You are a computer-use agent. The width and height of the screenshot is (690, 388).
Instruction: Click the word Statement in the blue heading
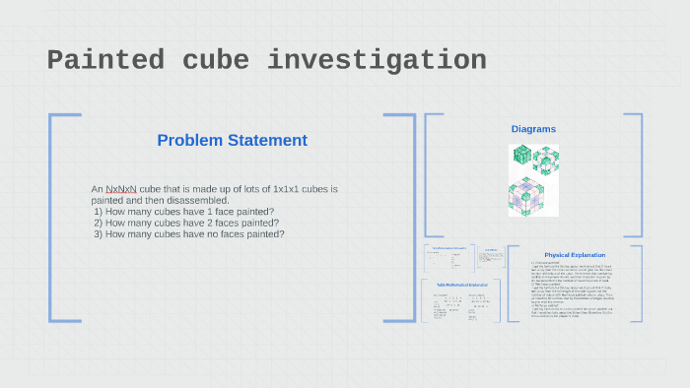[x=266, y=141]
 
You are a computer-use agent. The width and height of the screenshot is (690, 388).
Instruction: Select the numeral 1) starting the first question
[x=99, y=212]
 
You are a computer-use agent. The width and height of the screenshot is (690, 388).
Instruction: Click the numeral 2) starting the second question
[x=99, y=223]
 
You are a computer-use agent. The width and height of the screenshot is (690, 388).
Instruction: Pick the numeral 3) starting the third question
[x=99, y=234]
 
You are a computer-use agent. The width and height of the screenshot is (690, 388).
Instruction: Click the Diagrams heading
[x=533, y=129]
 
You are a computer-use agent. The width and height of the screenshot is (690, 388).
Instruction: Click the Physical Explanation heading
[x=574, y=255]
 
